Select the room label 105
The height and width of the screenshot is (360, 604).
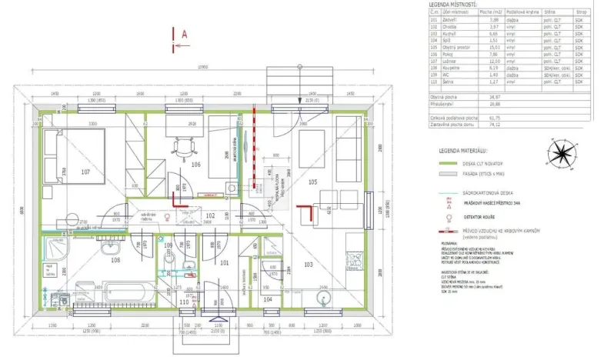(x=312, y=182)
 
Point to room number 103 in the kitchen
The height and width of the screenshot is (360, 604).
(x=308, y=264)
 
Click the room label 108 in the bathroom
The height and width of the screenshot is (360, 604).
(x=115, y=261)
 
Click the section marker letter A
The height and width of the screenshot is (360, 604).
(x=185, y=33)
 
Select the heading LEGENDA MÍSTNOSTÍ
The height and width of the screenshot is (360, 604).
(x=458, y=5)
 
